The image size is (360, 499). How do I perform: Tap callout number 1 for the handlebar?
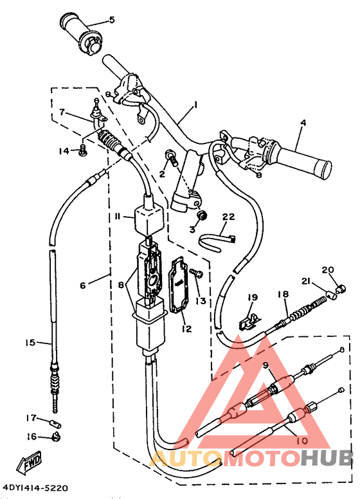tap(195, 104)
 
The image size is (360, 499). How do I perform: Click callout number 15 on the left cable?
tap(30, 343)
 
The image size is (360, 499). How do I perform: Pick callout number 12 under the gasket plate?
tap(186, 329)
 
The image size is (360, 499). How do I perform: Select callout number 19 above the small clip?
tap(252, 297)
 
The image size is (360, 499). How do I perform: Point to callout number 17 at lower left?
tap(31, 417)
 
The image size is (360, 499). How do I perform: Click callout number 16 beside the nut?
tap(31, 437)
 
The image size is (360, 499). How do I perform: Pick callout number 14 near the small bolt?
tap(64, 151)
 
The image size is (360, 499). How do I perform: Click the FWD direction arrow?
tap(30, 462)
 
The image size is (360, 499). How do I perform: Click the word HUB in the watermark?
tap(327, 457)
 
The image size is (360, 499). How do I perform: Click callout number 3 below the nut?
tap(192, 230)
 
